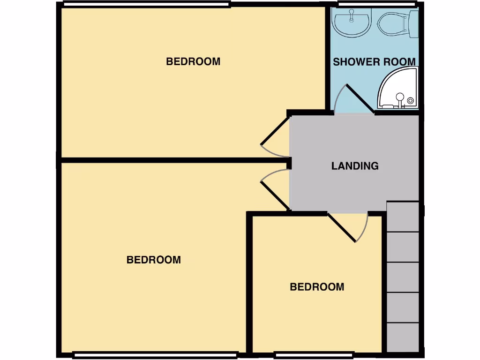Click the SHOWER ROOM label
[374, 62]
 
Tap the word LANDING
[355, 166]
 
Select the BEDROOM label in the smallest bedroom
[317, 287]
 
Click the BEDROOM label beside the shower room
[193, 61]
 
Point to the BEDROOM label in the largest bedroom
[154, 260]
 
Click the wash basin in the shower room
[351, 23]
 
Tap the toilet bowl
[392, 23]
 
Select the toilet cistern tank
[413, 23]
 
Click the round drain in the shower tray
[411, 100]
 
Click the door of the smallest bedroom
[342, 228]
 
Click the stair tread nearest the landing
[403, 217]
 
